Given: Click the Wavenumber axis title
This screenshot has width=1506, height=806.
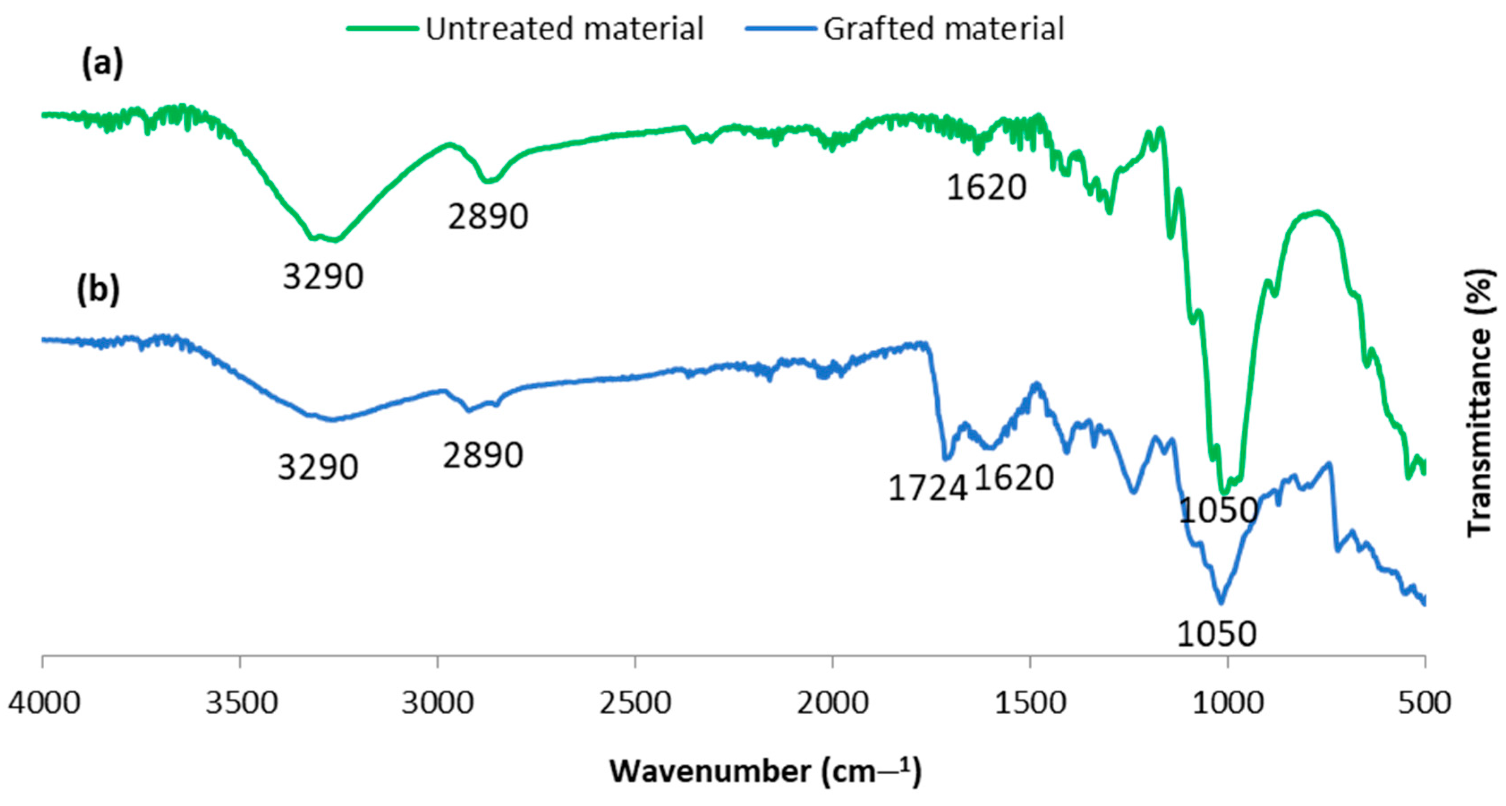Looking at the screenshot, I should click(x=765, y=772).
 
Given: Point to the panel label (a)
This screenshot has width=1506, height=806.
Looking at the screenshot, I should click(x=102, y=64).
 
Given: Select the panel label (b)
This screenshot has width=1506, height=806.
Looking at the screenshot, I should click(x=98, y=290).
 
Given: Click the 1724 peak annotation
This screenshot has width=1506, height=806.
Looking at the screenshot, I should click(x=927, y=488).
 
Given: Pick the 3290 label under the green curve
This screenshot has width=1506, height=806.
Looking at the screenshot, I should click(x=323, y=277).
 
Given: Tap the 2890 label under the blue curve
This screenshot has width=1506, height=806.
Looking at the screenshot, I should click(x=482, y=455).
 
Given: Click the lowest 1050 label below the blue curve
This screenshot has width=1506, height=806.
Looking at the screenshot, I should click(x=1216, y=634).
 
